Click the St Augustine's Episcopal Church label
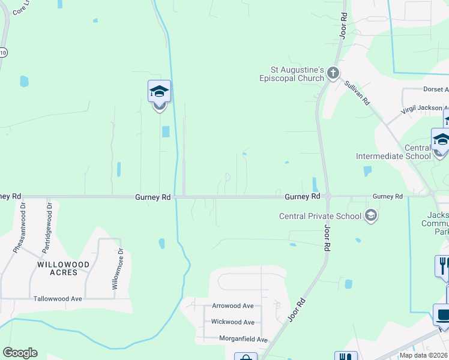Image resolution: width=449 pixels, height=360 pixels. (292, 74)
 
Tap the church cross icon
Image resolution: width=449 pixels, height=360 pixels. (333, 74)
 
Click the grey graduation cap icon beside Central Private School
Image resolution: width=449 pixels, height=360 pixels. (371, 216)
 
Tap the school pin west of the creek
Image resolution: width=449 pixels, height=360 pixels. (159, 92)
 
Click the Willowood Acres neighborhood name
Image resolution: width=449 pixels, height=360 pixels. (63, 268)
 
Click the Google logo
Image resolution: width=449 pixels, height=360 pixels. (20, 353)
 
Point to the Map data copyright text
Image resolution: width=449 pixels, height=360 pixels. (423, 355)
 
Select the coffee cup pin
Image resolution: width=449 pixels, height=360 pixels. (442, 316)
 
